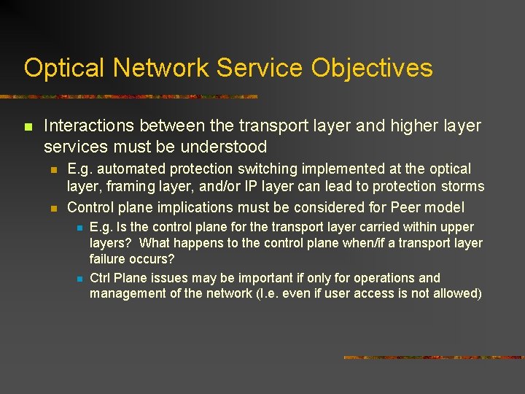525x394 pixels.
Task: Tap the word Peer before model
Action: point(411,207)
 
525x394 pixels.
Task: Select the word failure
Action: point(109,259)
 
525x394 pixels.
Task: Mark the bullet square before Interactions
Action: point(28,127)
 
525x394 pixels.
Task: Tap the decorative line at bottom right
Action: point(433,358)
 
